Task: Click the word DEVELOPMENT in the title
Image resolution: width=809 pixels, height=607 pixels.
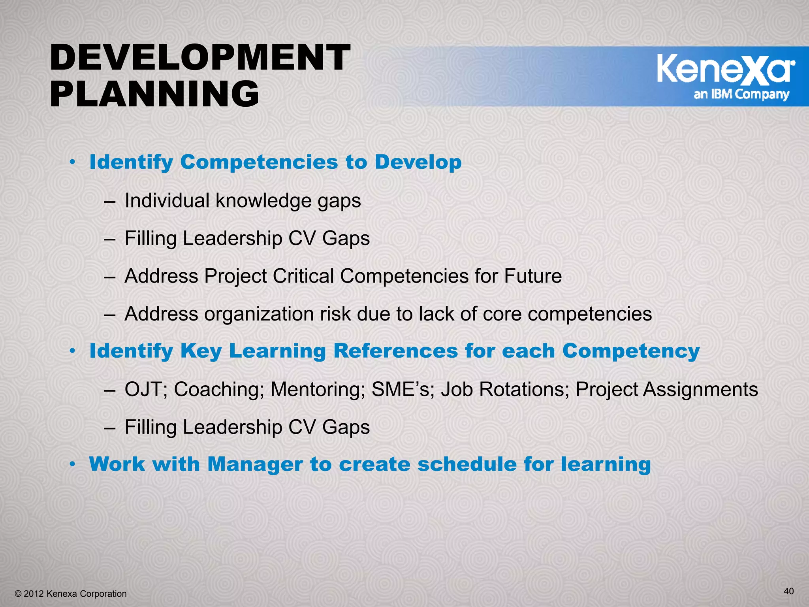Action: (x=200, y=58)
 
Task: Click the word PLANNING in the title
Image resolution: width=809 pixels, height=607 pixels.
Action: (x=154, y=94)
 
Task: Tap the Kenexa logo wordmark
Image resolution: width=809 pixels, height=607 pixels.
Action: (x=726, y=70)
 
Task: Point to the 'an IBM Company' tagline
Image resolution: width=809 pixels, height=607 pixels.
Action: (x=741, y=94)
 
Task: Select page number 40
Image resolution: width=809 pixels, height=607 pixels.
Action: (x=788, y=591)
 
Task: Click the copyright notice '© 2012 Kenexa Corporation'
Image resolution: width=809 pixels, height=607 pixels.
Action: (x=70, y=594)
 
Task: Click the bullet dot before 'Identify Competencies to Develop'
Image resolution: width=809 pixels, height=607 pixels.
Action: (x=72, y=162)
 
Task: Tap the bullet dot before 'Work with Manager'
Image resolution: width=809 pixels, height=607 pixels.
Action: (x=72, y=465)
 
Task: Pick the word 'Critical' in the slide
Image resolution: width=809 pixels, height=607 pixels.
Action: (x=303, y=276)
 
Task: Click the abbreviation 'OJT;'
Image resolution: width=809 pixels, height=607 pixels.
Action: (x=146, y=389)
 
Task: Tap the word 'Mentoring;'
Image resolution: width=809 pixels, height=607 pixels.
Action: (x=318, y=389)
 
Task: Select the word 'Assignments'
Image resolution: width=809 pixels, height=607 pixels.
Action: (x=700, y=390)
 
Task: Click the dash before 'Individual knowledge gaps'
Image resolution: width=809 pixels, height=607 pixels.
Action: (x=110, y=202)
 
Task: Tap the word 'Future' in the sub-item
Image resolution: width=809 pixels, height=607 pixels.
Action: (x=532, y=276)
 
